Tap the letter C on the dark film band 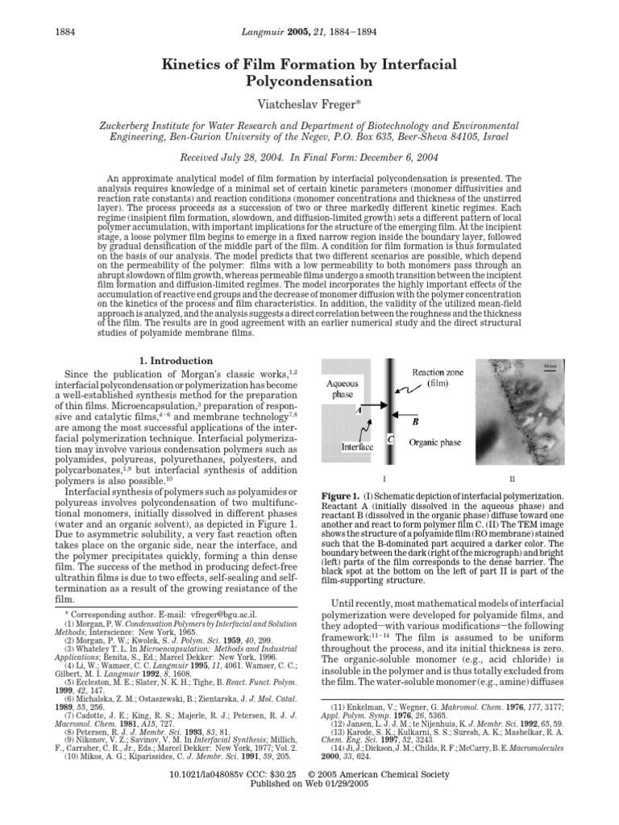pos(391,438)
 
